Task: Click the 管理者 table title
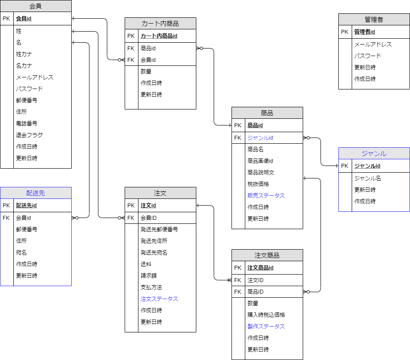(374, 20)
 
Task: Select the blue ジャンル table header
(374, 154)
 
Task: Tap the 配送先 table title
(36, 193)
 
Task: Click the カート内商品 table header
(160, 24)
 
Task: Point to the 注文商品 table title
(267, 255)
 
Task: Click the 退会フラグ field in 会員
(29, 135)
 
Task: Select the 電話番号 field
(27, 123)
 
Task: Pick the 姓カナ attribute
(24, 54)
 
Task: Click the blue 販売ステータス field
(266, 195)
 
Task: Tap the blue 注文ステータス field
(159, 299)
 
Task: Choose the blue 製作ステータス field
(266, 326)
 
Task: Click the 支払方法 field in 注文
(151, 287)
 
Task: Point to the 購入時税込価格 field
(266, 315)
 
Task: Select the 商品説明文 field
(261, 172)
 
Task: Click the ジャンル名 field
(368, 178)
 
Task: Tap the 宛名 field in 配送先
(21, 252)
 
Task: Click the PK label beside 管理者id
(345, 32)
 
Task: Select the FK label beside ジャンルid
(238, 138)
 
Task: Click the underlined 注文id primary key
(148, 206)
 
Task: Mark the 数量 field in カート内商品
(146, 71)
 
